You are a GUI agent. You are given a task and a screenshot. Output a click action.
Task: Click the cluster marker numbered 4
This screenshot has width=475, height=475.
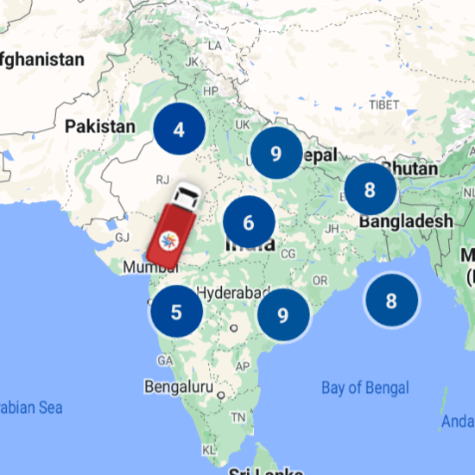[x=179, y=130]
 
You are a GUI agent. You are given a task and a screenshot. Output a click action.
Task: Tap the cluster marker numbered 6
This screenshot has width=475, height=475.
[x=249, y=223]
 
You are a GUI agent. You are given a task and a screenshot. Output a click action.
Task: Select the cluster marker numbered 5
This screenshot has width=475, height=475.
[x=176, y=311]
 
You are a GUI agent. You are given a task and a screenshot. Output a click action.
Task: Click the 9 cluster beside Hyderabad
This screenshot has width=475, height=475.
[x=282, y=314]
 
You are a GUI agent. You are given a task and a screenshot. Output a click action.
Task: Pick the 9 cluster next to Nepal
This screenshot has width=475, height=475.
[x=275, y=154]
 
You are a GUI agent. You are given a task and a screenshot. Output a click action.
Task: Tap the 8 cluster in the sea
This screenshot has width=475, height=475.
[x=391, y=301]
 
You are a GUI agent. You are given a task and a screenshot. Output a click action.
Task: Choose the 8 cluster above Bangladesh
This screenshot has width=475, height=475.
[x=370, y=189]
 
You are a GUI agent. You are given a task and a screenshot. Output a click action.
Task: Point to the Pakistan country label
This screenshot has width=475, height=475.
[x=100, y=126]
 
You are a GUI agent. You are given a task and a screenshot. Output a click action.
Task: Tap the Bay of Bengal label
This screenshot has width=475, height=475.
[x=365, y=388]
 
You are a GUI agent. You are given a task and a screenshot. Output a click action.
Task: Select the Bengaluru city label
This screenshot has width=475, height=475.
[x=179, y=386]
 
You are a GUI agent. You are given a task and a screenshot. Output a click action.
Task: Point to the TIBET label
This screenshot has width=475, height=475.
[x=383, y=104]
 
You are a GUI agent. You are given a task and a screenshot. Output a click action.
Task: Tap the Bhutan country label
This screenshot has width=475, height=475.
[x=409, y=168]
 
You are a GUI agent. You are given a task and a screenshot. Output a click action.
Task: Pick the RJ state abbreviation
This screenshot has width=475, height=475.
[x=161, y=180]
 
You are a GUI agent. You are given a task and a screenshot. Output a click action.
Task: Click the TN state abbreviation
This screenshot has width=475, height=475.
[x=238, y=416]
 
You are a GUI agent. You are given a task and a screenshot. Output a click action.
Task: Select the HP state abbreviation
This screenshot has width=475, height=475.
[x=209, y=91]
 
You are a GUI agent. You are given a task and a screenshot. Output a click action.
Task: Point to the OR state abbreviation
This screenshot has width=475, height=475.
[x=320, y=281]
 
